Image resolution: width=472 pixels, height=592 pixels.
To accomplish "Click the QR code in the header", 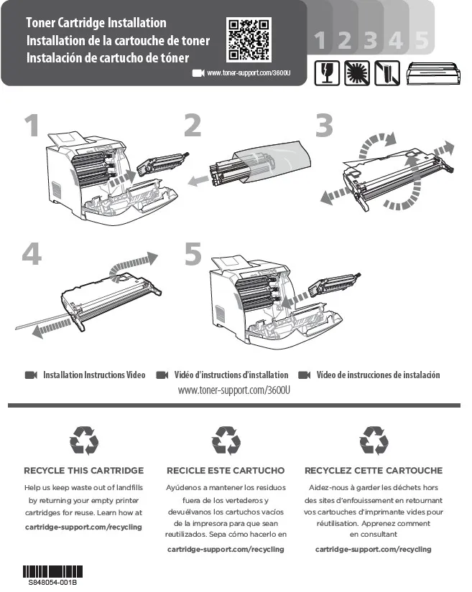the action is tap(249, 39).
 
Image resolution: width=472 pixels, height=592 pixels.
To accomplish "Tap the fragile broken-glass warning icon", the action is tap(327, 73).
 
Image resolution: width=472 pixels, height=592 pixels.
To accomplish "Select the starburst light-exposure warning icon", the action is tap(357, 73).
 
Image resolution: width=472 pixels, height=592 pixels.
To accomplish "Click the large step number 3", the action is tap(324, 126).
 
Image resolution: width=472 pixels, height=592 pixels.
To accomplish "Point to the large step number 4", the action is tap(32, 254).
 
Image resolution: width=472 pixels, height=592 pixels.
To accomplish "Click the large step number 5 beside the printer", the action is tap(193, 254).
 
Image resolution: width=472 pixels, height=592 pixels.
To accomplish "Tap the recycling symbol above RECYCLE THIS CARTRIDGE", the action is tap(84, 441).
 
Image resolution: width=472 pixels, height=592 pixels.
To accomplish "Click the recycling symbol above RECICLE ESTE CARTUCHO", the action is tap(226, 441).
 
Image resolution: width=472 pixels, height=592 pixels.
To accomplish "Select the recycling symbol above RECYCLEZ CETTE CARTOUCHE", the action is tap(374, 441).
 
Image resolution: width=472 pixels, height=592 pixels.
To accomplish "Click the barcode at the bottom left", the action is tap(52, 572).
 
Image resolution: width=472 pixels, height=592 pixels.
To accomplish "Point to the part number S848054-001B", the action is tap(52, 582).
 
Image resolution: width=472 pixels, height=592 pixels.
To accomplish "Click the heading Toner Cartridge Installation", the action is tap(96, 23).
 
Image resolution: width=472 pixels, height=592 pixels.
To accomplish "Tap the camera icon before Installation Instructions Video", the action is tap(31, 375).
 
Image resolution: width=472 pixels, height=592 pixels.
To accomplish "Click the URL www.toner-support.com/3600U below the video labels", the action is tap(234, 390).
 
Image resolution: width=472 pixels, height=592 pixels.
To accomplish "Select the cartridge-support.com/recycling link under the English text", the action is tap(83, 527).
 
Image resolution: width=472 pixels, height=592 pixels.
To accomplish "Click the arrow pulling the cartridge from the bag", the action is tap(199, 180).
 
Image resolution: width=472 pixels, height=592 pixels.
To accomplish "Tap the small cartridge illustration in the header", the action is tap(433, 73).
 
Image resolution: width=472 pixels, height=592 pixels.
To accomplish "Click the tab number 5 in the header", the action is tap(422, 40).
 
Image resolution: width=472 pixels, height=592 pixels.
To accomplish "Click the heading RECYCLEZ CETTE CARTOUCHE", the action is tap(374, 471).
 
